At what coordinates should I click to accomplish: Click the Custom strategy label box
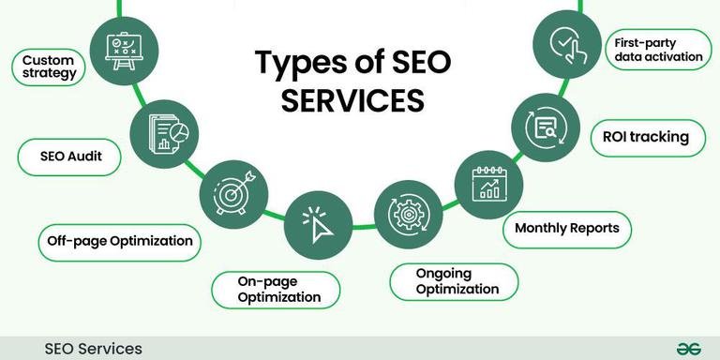coord(50,67)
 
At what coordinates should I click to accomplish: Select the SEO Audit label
coord(71,157)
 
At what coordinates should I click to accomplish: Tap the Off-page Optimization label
coord(120,241)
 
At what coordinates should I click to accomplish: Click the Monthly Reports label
coord(566,228)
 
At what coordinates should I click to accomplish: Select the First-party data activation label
coord(658,50)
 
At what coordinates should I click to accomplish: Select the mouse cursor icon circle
coord(318,221)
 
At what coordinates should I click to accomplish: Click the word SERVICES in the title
coord(353,100)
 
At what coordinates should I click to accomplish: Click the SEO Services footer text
coord(94,349)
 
